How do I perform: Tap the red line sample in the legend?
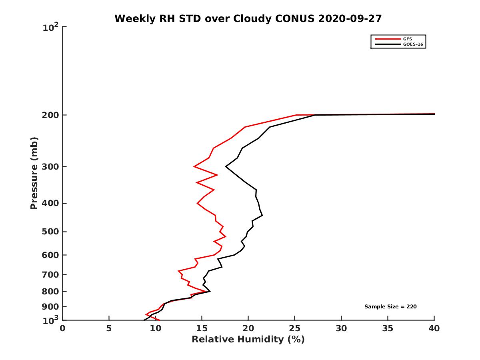[387, 39]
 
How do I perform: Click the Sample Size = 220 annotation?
[391, 306]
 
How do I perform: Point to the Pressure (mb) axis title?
[34, 173]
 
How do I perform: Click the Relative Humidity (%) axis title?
[248, 340]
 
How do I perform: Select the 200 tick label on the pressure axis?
[51, 115]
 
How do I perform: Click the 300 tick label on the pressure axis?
[51, 166]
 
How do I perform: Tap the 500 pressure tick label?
[51, 232]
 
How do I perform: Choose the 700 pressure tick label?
[51, 274]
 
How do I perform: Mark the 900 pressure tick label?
[51, 306]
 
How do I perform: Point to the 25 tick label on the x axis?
[295, 328]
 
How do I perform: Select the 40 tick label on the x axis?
[434, 328]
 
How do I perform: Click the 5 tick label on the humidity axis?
[109, 328]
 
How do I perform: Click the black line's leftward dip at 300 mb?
[226, 166]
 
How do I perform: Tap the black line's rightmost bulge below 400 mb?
[262, 215]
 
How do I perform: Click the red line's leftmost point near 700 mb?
[178, 271]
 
